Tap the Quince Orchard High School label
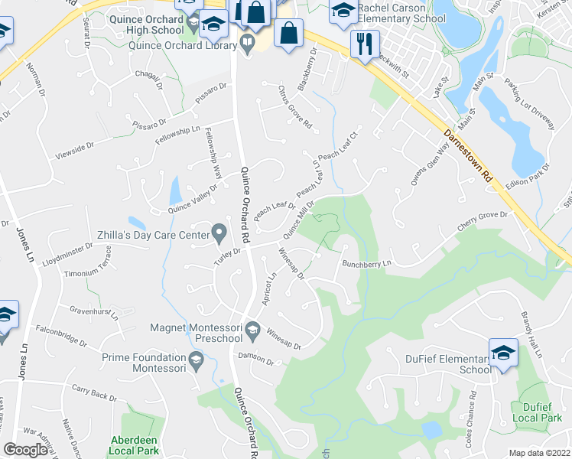(145, 21)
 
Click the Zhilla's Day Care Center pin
(219, 230)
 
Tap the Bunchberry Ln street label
(366, 263)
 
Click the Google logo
(25, 450)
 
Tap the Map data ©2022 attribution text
(539, 453)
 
